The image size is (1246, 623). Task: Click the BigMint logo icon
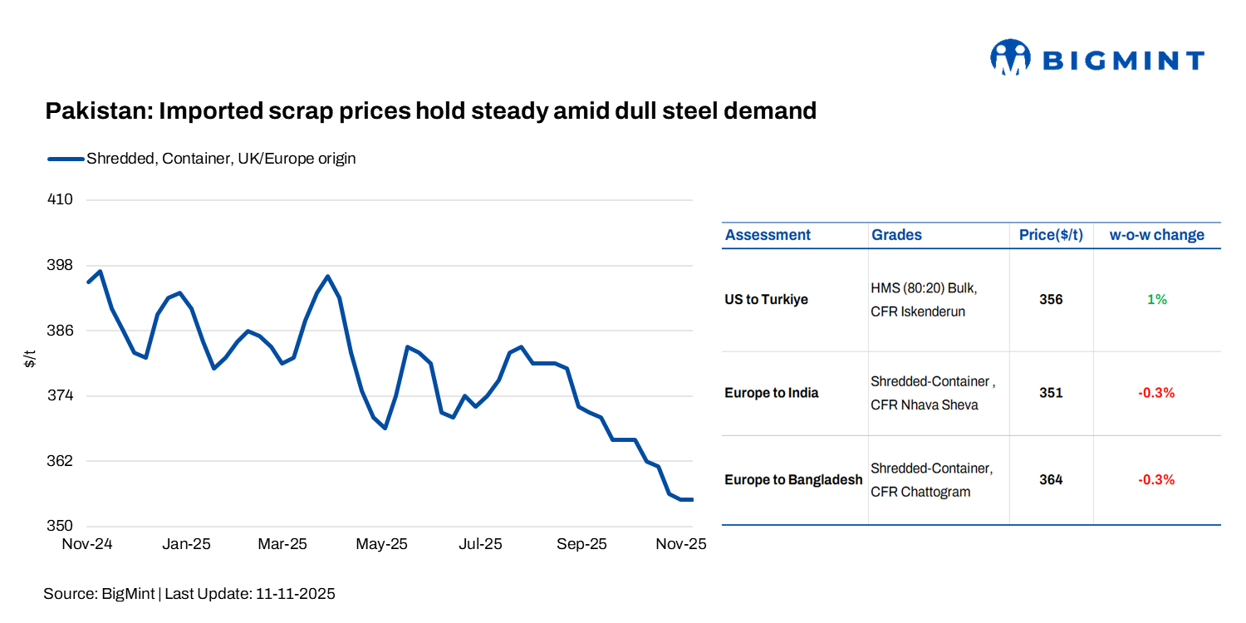pyautogui.click(x=1009, y=57)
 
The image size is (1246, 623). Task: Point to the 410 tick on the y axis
pyautogui.click(x=61, y=200)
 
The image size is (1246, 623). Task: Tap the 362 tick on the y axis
pyautogui.click(x=61, y=461)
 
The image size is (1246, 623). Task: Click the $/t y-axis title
pyautogui.click(x=31, y=359)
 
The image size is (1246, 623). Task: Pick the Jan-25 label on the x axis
pyautogui.click(x=186, y=544)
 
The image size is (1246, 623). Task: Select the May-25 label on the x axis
pyautogui.click(x=381, y=544)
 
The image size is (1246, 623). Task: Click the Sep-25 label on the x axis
pyautogui.click(x=581, y=544)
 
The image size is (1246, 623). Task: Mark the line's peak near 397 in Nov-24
pyautogui.click(x=101, y=271)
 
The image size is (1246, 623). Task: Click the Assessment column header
pyautogui.click(x=768, y=235)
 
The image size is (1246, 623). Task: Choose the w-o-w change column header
pyautogui.click(x=1156, y=235)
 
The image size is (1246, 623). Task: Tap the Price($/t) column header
pyautogui.click(x=1051, y=235)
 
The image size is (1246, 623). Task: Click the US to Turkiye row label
pyautogui.click(x=766, y=300)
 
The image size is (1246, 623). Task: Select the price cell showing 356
pyautogui.click(x=1051, y=300)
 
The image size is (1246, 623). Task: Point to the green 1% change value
pyautogui.click(x=1156, y=300)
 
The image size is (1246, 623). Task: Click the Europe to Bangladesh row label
pyautogui.click(x=793, y=480)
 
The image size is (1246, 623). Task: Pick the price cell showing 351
pyautogui.click(x=1051, y=393)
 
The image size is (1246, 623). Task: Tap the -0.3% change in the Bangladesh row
pyautogui.click(x=1156, y=480)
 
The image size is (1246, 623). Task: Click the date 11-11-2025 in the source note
pyautogui.click(x=296, y=594)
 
